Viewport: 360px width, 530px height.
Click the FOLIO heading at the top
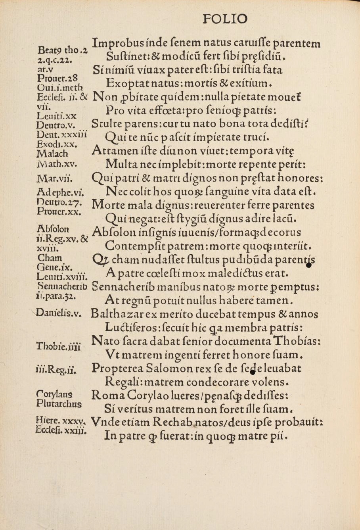[224, 19]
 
